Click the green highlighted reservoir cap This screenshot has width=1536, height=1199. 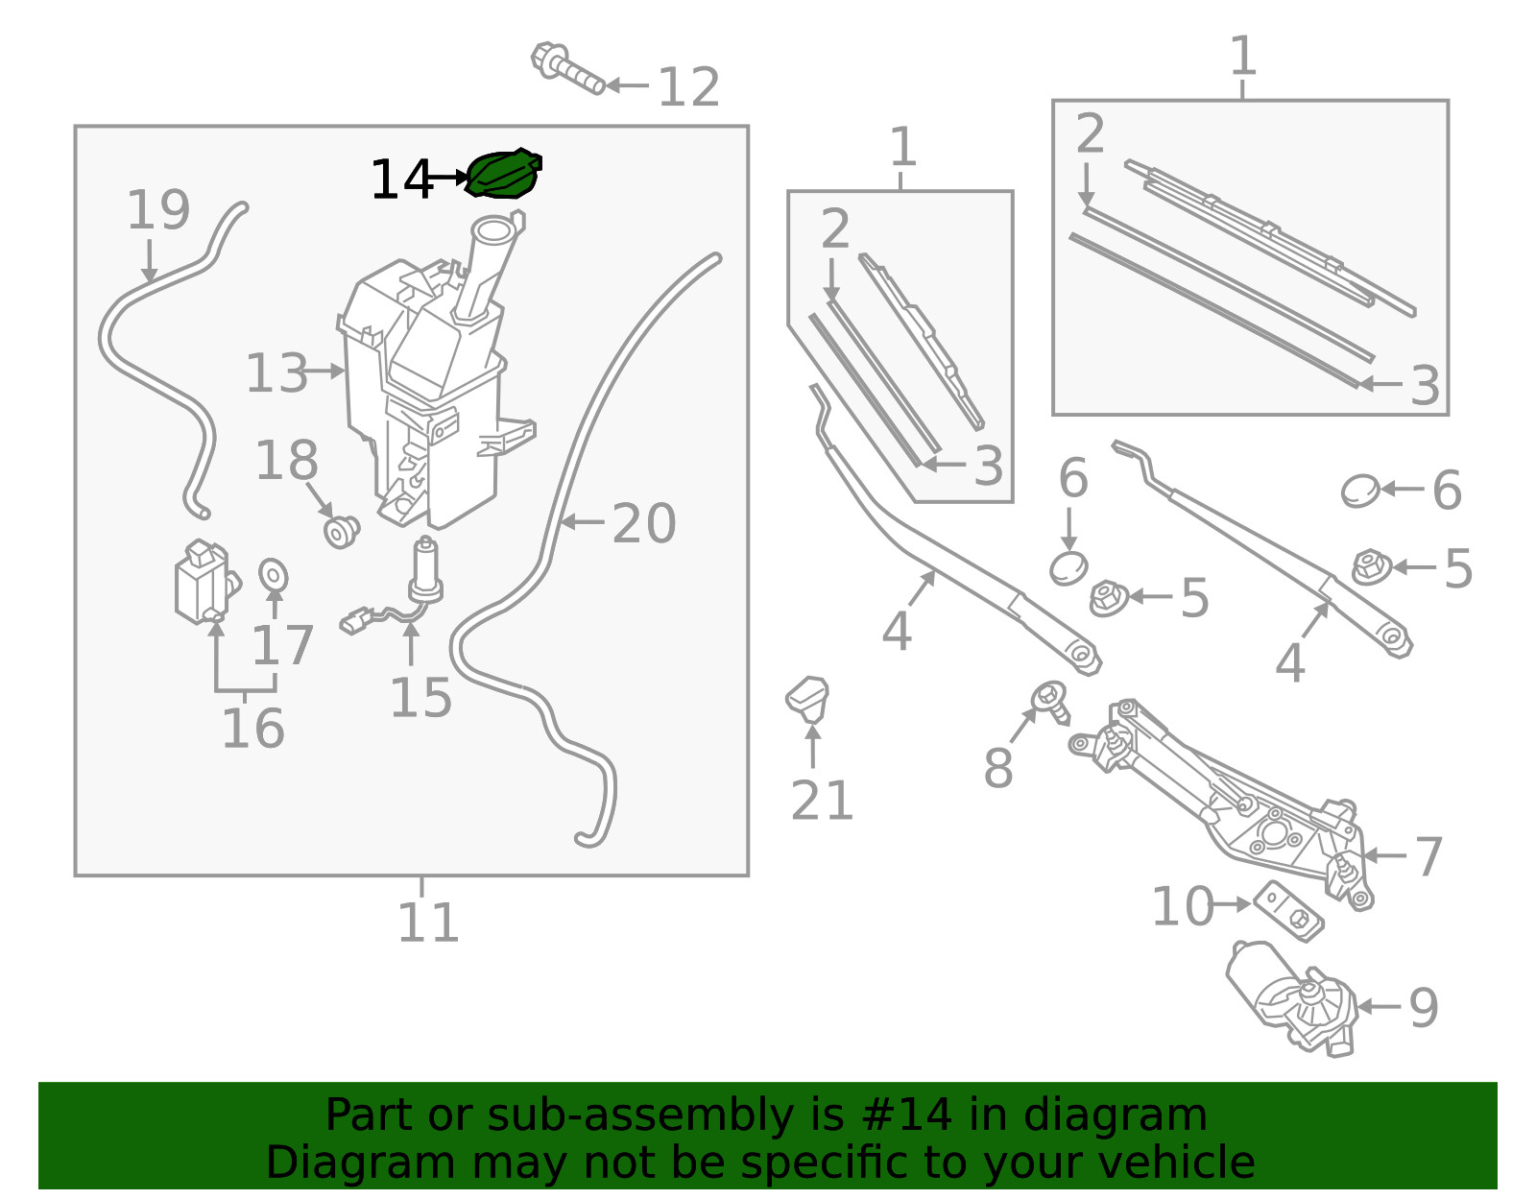click(x=504, y=174)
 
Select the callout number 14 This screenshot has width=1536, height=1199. click(x=401, y=180)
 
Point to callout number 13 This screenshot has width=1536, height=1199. click(x=276, y=373)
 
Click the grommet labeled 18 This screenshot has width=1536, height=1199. click(x=342, y=531)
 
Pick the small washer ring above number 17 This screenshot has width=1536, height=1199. click(x=274, y=575)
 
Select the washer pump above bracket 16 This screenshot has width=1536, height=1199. click(x=206, y=582)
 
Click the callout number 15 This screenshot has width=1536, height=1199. click(x=420, y=697)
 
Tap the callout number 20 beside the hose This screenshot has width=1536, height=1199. click(x=644, y=523)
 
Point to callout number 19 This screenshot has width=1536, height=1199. click(x=158, y=210)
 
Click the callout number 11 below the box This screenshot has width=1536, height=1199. click(x=428, y=922)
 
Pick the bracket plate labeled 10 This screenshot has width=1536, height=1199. click(x=1288, y=911)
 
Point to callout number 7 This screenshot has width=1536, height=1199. click(x=1428, y=856)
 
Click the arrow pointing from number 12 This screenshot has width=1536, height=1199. click(x=628, y=85)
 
